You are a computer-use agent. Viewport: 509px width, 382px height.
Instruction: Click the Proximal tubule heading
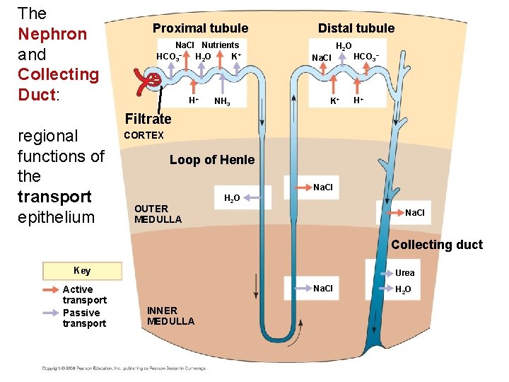pyautogui.click(x=200, y=28)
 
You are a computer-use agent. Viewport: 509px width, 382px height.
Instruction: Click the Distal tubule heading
pyautogui.click(x=356, y=28)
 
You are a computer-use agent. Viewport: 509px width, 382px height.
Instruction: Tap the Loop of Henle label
pyautogui.click(x=211, y=160)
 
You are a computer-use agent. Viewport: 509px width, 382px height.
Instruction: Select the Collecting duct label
pyautogui.click(x=436, y=245)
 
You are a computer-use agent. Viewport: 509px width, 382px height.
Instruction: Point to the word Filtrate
pyautogui.click(x=148, y=119)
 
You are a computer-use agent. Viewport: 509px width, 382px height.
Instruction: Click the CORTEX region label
pyautogui.click(x=144, y=135)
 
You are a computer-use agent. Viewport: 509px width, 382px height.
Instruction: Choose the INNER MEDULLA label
pyautogui.click(x=170, y=316)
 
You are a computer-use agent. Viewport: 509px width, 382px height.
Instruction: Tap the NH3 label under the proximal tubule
pyautogui.click(x=221, y=102)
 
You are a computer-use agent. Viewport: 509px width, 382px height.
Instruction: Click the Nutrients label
pyautogui.click(x=220, y=45)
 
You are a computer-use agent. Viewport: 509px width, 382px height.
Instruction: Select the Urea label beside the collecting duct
pyautogui.click(x=405, y=273)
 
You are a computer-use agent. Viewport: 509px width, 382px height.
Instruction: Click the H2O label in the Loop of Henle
pyautogui.click(x=231, y=198)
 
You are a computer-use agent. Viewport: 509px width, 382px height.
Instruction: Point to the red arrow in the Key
pyautogui.click(x=52, y=289)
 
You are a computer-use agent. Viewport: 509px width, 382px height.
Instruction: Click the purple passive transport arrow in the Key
pyautogui.click(x=52, y=312)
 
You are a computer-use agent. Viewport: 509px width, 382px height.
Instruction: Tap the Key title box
pyautogui.click(x=82, y=271)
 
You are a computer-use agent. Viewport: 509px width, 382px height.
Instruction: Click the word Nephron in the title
pyautogui.click(x=52, y=34)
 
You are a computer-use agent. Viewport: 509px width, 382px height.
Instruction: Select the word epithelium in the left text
pyautogui.click(x=56, y=217)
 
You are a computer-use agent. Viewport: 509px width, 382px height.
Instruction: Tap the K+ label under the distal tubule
pyautogui.click(x=335, y=101)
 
